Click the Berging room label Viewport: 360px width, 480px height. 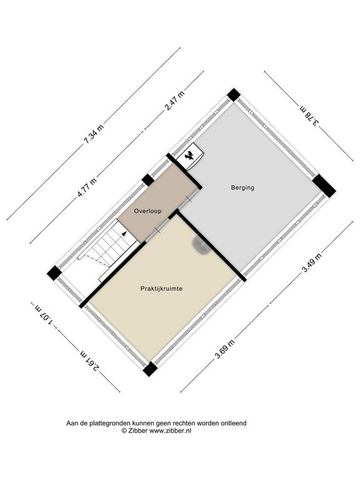pyautogui.click(x=242, y=187)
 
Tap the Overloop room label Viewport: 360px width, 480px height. pyautogui.click(x=147, y=211)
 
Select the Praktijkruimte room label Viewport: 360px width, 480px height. pyautogui.click(x=162, y=288)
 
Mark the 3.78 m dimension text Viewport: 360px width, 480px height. pyautogui.click(x=309, y=116)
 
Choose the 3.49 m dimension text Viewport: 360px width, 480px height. pyautogui.click(x=312, y=262)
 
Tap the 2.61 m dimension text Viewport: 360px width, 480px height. pyautogui.click(x=90, y=361)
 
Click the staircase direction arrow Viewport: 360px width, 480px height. pyautogui.click(x=124, y=234)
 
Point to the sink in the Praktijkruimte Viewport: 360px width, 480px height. pyautogui.click(x=201, y=246)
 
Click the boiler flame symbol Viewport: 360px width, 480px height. pyautogui.click(x=189, y=156)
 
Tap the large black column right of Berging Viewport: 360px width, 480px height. pyautogui.click(x=324, y=186)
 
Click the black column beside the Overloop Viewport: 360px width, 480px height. pyautogui.click(x=148, y=180)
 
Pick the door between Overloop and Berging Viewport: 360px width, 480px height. pyautogui.click(x=189, y=199)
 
